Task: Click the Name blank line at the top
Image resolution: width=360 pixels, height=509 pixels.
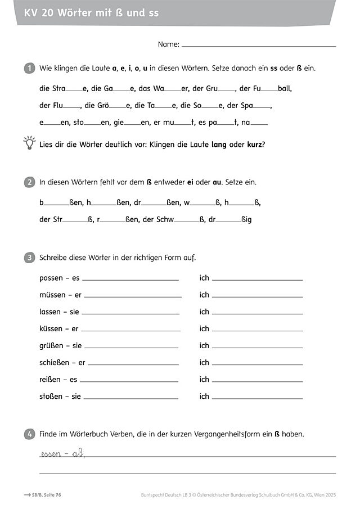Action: point(259,46)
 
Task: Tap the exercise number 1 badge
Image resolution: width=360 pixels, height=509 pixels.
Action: point(29,68)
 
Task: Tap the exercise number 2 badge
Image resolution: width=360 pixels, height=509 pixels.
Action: point(29,182)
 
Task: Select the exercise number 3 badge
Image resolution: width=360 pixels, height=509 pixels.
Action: point(29,258)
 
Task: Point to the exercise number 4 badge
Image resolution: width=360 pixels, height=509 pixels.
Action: point(29,434)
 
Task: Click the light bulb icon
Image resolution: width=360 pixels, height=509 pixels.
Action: point(29,143)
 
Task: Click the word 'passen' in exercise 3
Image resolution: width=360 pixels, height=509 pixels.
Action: point(51,278)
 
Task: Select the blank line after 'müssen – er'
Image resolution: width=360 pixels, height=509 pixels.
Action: point(133,296)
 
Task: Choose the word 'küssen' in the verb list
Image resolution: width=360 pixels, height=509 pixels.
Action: point(51,328)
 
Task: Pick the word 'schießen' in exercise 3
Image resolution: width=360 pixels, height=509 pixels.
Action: point(55,362)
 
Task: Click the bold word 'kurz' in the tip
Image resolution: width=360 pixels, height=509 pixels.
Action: point(254,145)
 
